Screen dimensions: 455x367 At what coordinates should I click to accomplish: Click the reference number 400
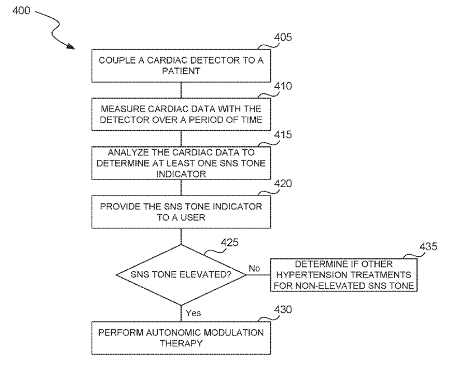pyautogui.click(x=21, y=11)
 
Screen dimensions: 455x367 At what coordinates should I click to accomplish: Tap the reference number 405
pyautogui.click(x=283, y=37)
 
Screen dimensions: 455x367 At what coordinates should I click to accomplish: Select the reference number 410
pyautogui.click(x=283, y=86)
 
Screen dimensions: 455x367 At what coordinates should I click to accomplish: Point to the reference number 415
pyautogui.click(x=283, y=135)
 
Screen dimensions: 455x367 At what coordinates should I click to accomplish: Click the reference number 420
pyautogui.click(x=283, y=183)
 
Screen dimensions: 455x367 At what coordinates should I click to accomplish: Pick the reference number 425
pyautogui.click(x=230, y=242)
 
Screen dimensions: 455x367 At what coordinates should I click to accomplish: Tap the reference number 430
pyautogui.click(x=283, y=309)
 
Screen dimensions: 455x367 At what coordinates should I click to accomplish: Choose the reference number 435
pyautogui.click(x=428, y=246)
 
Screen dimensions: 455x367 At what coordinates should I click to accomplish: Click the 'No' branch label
pyautogui.click(x=254, y=269)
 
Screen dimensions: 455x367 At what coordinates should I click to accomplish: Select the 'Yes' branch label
pyautogui.click(x=193, y=313)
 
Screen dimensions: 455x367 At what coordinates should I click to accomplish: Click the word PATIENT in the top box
pyautogui.click(x=181, y=71)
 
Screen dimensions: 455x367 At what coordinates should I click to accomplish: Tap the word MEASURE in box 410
pyautogui.click(x=123, y=109)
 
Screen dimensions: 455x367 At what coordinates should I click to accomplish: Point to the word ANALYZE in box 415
pyautogui.click(x=128, y=152)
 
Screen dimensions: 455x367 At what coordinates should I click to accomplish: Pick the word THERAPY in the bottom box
pyautogui.click(x=181, y=343)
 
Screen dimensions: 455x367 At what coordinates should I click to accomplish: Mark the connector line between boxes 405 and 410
pyautogui.click(x=181, y=90)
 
